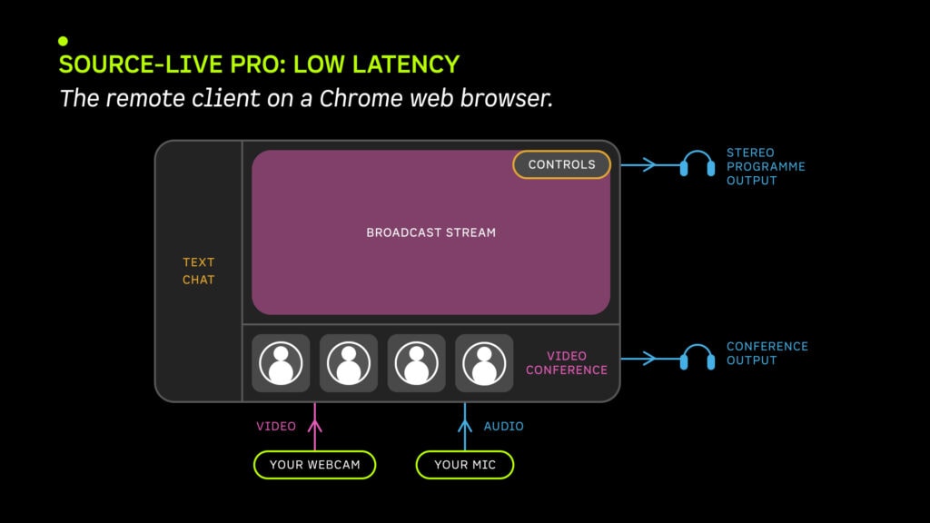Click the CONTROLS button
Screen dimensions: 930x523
[x=561, y=164]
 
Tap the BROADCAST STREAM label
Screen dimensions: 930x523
[x=430, y=232]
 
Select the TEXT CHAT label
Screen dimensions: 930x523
[x=198, y=271]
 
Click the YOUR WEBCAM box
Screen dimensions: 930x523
[x=314, y=465]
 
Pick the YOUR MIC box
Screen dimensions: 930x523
[x=465, y=465]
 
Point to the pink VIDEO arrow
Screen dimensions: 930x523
[x=315, y=427]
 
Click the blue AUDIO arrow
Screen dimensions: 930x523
[x=465, y=427]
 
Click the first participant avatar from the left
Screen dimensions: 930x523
[x=281, y=363]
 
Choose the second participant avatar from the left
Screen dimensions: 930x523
[x=349, y=363]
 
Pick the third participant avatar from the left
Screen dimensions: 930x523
[x=416, y=363]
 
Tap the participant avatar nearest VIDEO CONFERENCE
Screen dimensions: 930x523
[x=484, y=363]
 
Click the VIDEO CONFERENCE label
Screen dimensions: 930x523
[x=567, y=363]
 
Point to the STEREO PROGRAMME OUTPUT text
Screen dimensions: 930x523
[x=766, y=167]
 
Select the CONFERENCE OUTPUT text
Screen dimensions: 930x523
[x=767, y=353]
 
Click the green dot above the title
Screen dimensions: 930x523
[x=63, y=41]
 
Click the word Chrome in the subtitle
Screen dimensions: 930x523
[x=361, y=98]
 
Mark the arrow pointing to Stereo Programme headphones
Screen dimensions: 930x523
[x=650, y=165]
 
